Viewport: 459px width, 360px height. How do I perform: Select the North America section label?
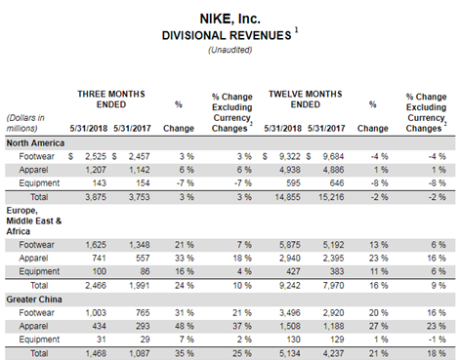click(37, 141)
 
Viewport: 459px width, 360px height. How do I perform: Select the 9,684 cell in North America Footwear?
click(330, 157)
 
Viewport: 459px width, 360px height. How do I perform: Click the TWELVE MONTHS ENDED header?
click(308, 98)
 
